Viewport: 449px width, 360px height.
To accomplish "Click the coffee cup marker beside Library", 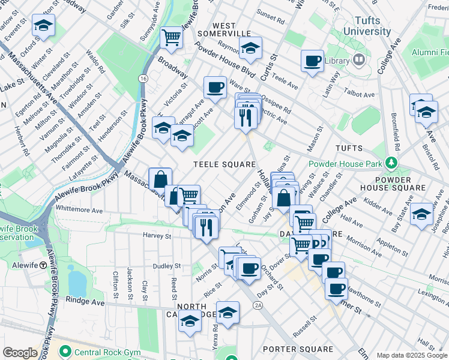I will [x=313, y=61].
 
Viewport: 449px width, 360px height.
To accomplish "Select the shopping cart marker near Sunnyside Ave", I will [x=172, y=37].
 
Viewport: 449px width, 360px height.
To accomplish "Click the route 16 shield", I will [x=143, y=79].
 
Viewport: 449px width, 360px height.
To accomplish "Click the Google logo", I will [x=20, y=353].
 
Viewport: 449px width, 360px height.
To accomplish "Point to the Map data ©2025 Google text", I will [x=412, y=355].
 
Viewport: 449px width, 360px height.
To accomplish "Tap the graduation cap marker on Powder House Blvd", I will [x=251, y=48].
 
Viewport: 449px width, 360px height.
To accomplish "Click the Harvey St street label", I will [x=158, y=236].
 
